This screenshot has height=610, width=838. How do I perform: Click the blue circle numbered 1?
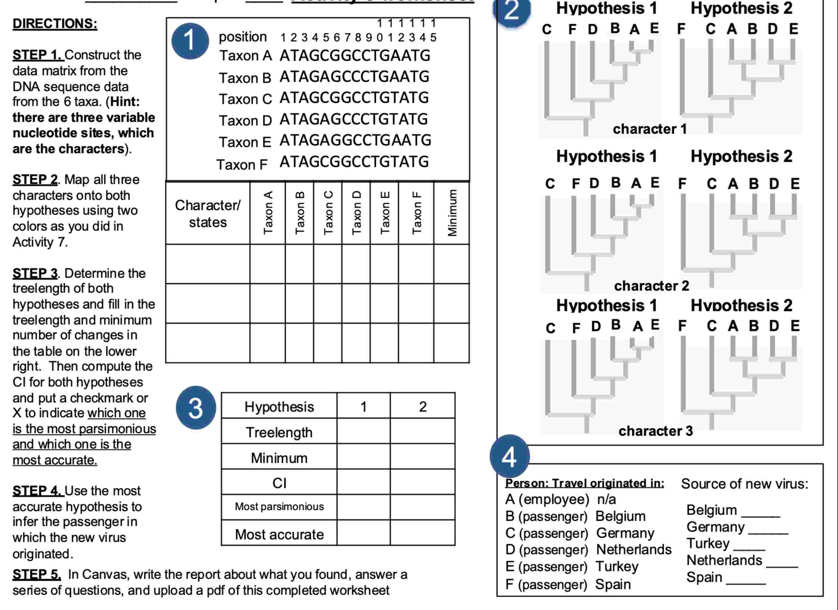190,41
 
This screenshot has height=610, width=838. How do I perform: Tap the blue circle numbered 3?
196,408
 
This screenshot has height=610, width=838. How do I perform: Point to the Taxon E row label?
245,142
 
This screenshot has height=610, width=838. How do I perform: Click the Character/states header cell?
208,213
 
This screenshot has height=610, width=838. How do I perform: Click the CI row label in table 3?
279,483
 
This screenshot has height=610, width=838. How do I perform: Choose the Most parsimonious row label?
279,507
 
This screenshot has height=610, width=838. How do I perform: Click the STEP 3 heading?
35,273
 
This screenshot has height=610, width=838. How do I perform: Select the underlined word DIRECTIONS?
55,24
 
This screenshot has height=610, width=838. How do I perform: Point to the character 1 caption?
650,129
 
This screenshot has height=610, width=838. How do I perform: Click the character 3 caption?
656,431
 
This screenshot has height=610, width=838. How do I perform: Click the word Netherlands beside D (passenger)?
634,550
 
